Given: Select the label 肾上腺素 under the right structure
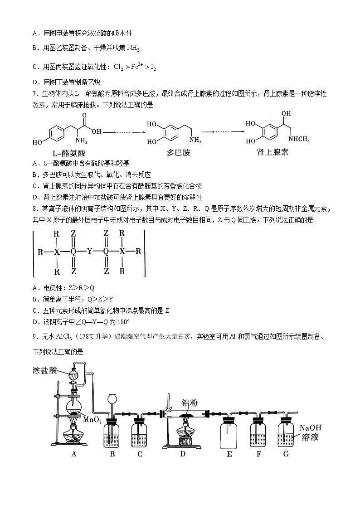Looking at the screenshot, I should coord(272,152).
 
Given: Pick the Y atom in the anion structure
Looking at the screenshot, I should coord(89,250).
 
